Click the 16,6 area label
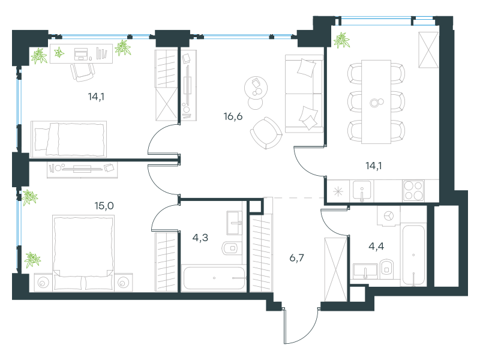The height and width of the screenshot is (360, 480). (x=233, y=116)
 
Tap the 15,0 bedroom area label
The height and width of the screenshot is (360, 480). (x=104, y=205)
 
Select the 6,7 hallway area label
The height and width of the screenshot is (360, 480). (x=296, y=258)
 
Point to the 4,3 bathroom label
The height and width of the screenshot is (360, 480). (x=200, y=237)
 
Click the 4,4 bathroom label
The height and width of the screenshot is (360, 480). (x=376, y=246)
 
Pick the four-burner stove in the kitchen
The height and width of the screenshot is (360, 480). (x=413, y=190)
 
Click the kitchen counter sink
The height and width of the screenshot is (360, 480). (x=362, y=190)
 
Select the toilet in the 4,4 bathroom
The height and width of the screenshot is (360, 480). (x=387, y=269)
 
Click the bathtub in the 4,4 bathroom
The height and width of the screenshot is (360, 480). (x=413, y=256)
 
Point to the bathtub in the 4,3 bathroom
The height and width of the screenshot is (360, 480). (x=214, y=278)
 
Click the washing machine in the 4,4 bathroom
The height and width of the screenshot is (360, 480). (x=389, y=216)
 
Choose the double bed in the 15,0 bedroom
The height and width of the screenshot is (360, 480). (x=83, y=253)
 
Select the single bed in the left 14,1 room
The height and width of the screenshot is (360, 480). (x=69, y=139)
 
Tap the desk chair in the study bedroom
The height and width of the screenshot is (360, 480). (x=82, y=72)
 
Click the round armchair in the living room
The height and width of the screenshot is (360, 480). (x=266, y=133)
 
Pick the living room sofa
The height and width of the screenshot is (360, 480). (x=304, y=94)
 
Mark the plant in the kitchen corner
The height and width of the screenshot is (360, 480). (x=341, y=40)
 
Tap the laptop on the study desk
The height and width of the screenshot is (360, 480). (x=81, y=54)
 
